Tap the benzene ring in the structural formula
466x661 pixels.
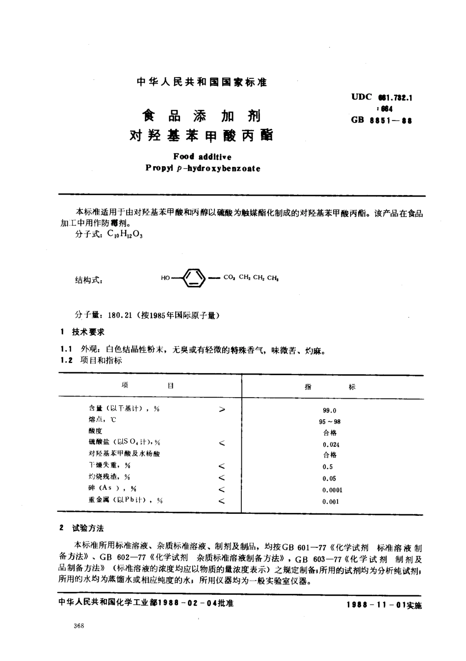pyautogui.click(x=195, y=278)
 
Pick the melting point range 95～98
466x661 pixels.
pyautogui.click(x=330, y=422)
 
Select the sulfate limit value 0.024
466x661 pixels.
pyautogui.click(x=331, y=444)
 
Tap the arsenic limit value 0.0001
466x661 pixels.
pyautogui.click(x=333, y=490)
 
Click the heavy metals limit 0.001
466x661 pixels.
pyautogui.click(x=331, y=502)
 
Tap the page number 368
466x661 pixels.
pyautogui.click(x=78, y=626)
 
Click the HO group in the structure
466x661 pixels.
pyautogui.click(x=165, y=278)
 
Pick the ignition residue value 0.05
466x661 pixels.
pyautogui.click(x=329, y=479)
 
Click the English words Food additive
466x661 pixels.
pyautogui.click(x=202, y=157)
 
